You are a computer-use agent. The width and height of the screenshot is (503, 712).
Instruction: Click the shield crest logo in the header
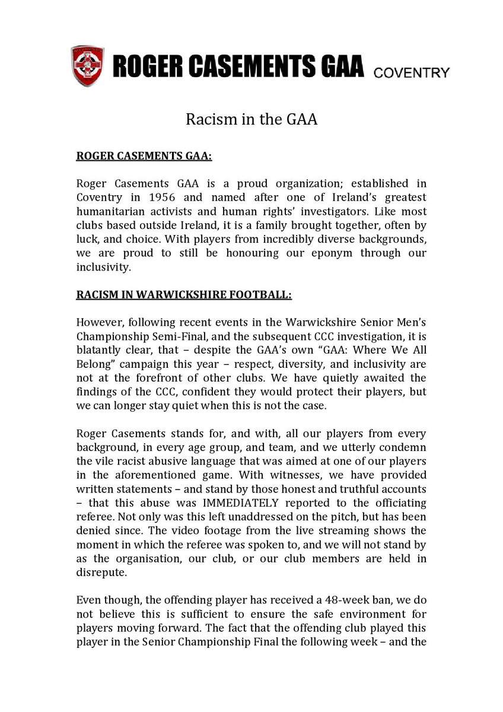(x=88, y=65)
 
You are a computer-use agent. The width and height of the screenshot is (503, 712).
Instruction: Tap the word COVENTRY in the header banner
(x=411, y=73)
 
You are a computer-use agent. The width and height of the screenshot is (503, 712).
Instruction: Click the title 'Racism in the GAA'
(x=251, y=119)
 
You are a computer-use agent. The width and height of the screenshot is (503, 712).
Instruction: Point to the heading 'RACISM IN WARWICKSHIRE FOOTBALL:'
(x=184, y=294)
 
